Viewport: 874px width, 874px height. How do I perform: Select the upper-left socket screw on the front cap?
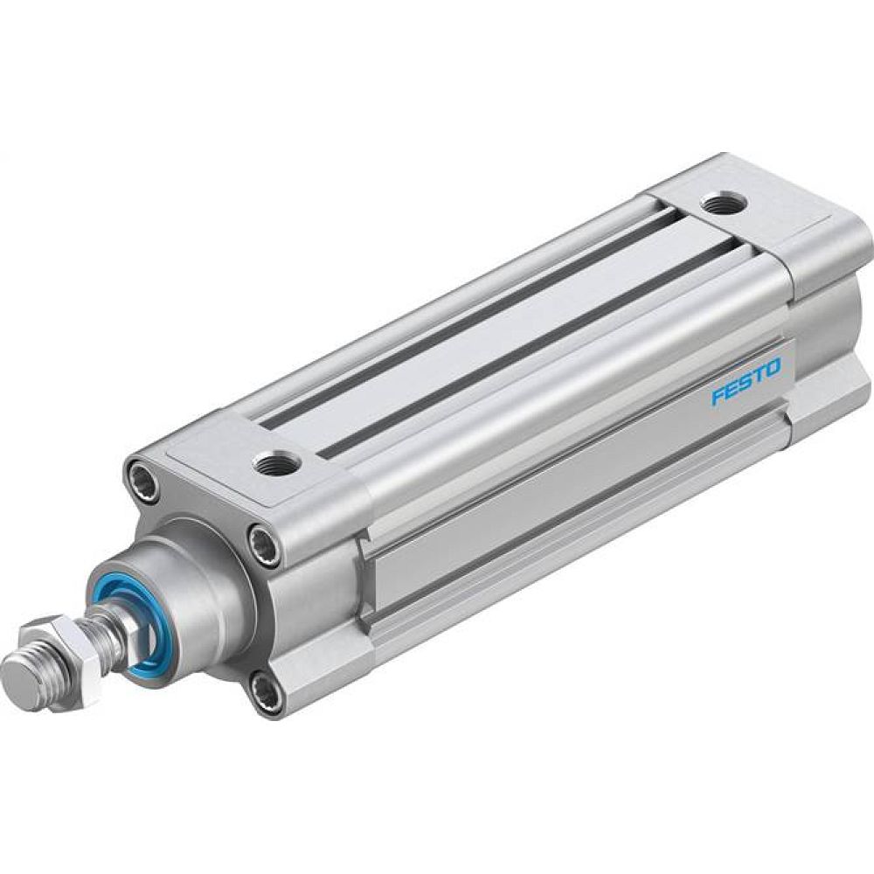pyautogui.click(x=144, y=481)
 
